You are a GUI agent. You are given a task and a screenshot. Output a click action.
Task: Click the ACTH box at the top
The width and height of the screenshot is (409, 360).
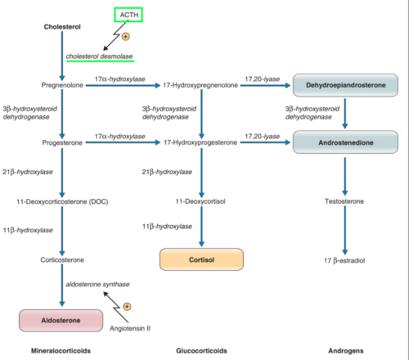128,15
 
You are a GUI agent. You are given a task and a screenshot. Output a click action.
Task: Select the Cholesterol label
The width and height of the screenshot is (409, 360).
62,27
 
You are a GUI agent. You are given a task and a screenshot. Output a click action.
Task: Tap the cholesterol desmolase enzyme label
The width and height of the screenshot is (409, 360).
99,56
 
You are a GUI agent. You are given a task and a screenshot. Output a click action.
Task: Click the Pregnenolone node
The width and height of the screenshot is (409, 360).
62,85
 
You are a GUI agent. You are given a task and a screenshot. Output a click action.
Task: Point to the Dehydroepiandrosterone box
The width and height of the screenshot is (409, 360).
345,85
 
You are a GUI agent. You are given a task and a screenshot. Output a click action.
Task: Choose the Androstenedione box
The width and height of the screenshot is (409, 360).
345,142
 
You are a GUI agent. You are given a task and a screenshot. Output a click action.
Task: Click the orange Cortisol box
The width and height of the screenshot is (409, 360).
201,259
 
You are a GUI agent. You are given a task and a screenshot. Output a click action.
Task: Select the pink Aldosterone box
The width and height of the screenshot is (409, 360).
61,320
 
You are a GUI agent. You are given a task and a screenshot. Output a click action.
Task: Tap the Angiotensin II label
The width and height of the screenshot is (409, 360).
130,328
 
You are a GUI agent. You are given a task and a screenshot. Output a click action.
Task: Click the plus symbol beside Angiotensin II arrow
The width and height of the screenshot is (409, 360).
127,307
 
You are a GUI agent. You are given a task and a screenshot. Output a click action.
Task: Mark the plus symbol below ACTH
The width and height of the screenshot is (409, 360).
125,37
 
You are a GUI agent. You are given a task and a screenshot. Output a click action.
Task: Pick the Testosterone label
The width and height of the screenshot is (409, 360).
344,201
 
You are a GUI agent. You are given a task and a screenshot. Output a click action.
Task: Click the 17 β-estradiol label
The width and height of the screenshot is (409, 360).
344,260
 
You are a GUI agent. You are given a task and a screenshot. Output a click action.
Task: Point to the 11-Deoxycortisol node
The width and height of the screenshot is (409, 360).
200,201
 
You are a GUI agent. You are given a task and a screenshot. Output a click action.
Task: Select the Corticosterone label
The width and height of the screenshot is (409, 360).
62,260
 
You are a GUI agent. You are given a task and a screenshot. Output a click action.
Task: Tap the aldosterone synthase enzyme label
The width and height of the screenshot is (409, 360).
98,284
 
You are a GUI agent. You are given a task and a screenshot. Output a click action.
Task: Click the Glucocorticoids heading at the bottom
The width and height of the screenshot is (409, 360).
201,351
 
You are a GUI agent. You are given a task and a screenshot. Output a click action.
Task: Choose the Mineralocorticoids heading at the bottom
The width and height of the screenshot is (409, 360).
61,351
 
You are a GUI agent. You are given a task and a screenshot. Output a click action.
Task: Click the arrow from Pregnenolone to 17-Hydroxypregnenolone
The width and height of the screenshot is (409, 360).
123,85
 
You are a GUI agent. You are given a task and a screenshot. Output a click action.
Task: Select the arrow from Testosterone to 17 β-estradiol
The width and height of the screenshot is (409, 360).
345,230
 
